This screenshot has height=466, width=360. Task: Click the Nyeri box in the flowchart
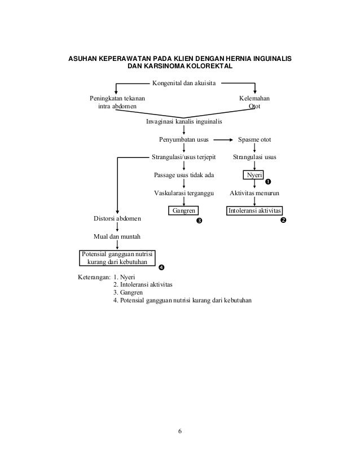pos(254,175)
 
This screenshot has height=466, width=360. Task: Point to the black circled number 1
pos(268,182)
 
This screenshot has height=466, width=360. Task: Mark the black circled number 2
pos(283,219)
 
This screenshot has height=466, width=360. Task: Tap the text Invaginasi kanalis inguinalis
pos(184,121)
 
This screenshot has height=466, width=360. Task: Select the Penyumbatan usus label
pos(184,139)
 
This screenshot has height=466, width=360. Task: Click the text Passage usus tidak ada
pos(184,175)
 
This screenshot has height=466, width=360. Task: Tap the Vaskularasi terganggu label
pos(184,193)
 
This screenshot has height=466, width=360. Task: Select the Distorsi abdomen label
pos(117,218)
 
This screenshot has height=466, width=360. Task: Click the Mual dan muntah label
pos(117,236)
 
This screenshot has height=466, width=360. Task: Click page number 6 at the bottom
pos(180,432)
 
